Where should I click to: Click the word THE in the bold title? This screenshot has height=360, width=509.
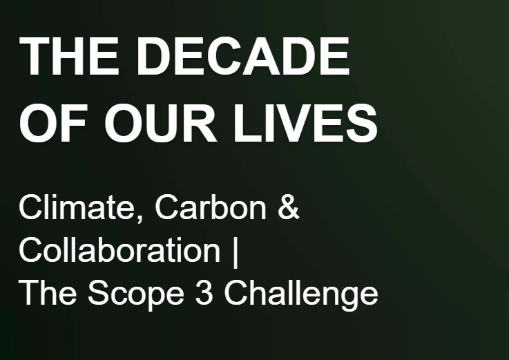tap(69, 56)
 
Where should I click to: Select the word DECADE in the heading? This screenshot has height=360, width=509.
tap(242, 56)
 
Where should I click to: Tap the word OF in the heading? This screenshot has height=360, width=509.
tap(52, 123)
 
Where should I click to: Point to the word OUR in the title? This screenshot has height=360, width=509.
tap(160, 123)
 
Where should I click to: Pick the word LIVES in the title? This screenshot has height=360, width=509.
tap(305, 123)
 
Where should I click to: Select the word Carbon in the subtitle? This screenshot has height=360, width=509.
tap(211, 207)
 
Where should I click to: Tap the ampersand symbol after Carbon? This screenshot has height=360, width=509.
tap(288, 207)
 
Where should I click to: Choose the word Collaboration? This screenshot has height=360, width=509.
tap(119, 250)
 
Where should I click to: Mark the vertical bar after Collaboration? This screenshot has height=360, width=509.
tap(236, 252)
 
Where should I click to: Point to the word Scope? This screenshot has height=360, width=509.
tap(136, 295)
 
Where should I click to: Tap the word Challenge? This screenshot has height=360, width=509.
tap(301, 295)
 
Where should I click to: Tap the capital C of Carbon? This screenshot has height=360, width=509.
tap(167, 207)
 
